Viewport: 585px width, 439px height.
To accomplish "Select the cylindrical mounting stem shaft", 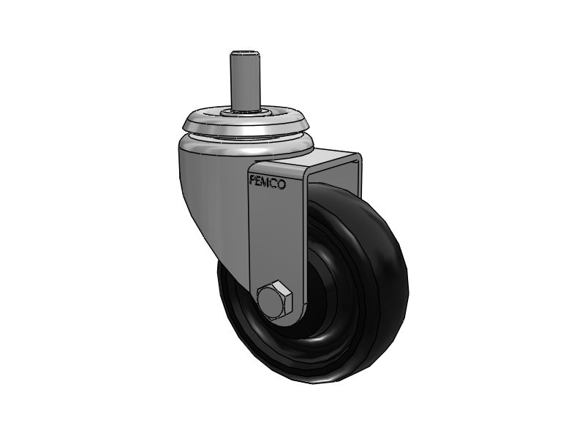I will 246,80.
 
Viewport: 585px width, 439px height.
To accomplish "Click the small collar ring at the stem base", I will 246,112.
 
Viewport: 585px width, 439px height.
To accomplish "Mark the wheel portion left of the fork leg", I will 238,307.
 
